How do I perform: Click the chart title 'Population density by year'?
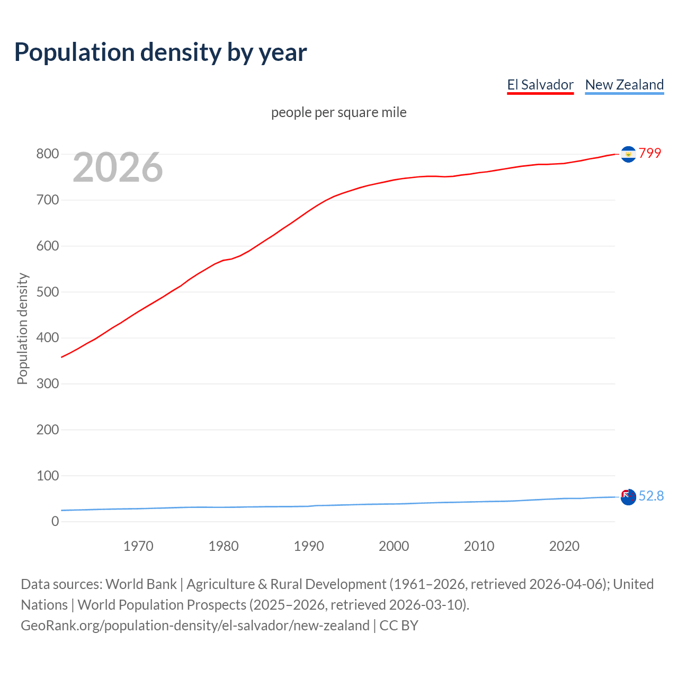point(160,52)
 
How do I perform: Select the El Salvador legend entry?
point(540,85)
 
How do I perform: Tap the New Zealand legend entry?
point(624,85)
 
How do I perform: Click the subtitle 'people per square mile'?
point(339,112)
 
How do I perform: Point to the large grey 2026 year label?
point(118,167)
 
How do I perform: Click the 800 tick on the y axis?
point(47,154)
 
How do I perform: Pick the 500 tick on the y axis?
point(47,292)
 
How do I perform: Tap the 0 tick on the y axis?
point(55,522)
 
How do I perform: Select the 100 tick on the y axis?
point(47,476)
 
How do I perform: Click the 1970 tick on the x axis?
point(138,546)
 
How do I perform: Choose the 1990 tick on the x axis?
point(309,546)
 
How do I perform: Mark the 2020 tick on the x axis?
point(564,546)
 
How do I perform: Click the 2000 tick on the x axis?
point(394,546)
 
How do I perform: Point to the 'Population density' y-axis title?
point(22,328)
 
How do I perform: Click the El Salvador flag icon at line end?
point(628,154)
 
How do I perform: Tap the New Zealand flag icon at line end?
point(628,497)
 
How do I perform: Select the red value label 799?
point(650,153)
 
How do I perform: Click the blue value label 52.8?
point(651,496)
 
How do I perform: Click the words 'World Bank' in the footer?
point(141,584)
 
